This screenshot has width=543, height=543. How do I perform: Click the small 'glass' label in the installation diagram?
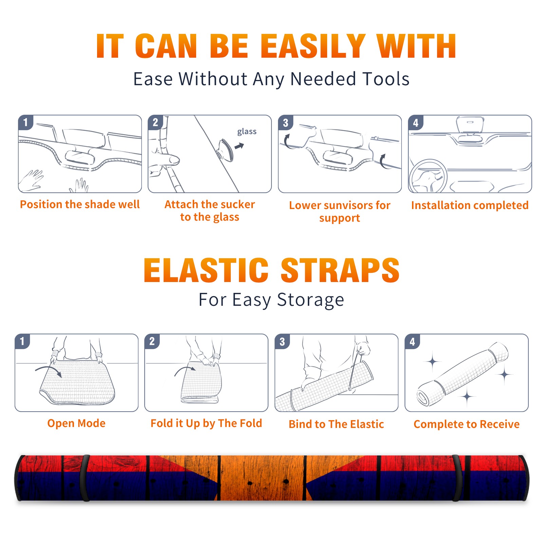247,131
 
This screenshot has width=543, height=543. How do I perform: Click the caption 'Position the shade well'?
80,204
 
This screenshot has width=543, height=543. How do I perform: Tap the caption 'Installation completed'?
470,205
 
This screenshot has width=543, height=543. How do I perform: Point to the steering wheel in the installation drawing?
428,176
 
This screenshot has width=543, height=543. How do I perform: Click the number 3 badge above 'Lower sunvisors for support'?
286,123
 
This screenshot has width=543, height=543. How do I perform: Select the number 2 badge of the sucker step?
155,122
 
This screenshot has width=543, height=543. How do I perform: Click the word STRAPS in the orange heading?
340,270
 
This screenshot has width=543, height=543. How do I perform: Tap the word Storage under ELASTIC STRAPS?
311,300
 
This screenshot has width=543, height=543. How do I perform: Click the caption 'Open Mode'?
76,423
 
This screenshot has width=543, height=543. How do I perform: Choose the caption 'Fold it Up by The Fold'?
206,423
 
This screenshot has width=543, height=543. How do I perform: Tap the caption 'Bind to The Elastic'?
336,424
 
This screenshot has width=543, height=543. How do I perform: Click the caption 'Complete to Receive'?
467,424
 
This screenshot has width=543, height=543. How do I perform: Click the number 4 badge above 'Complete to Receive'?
412,341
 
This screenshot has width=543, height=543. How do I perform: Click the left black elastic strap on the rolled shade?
85,478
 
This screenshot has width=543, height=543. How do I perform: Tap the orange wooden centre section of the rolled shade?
262,478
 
